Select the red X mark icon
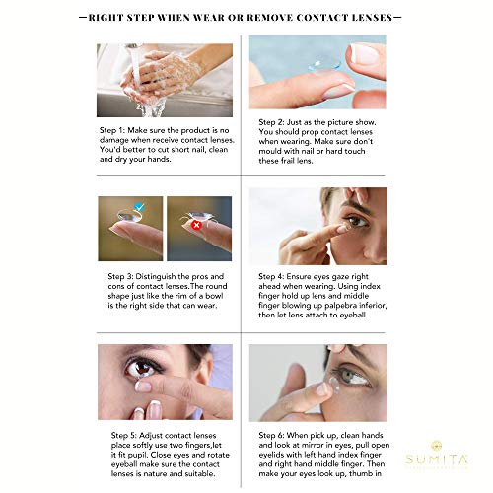[x=196, y=224]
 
